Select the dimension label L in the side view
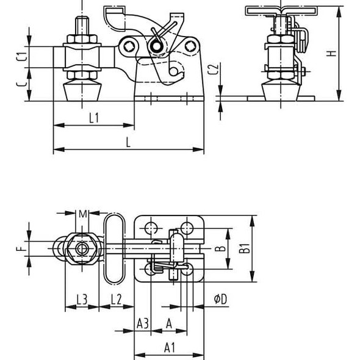pyautogui.click(x=128, y=142)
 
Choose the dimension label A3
pyautogui.click(x=142, y=322)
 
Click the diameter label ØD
pyautogui.click(x=220, y=299)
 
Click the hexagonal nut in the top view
pyautogui.click(x=81, y=248)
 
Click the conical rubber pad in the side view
pyautogui.click(x=81, y=90)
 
